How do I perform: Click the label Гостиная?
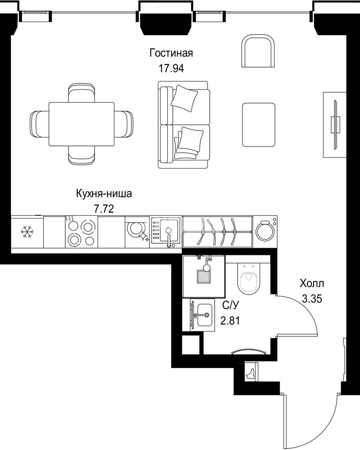point(171,53)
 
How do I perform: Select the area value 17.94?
point(171,68)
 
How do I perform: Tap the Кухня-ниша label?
point(104,193)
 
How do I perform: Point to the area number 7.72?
point(104,209)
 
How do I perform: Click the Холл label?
point(312,283)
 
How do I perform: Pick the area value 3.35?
point(312,299)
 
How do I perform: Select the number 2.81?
point(230,320)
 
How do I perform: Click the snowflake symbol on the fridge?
point(27,232)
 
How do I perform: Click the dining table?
point(81,124)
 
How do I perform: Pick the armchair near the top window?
point(258,51)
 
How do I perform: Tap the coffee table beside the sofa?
point(259,125)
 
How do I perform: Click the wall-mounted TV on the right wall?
point(334,125)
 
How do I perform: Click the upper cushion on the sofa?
point(185,98)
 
